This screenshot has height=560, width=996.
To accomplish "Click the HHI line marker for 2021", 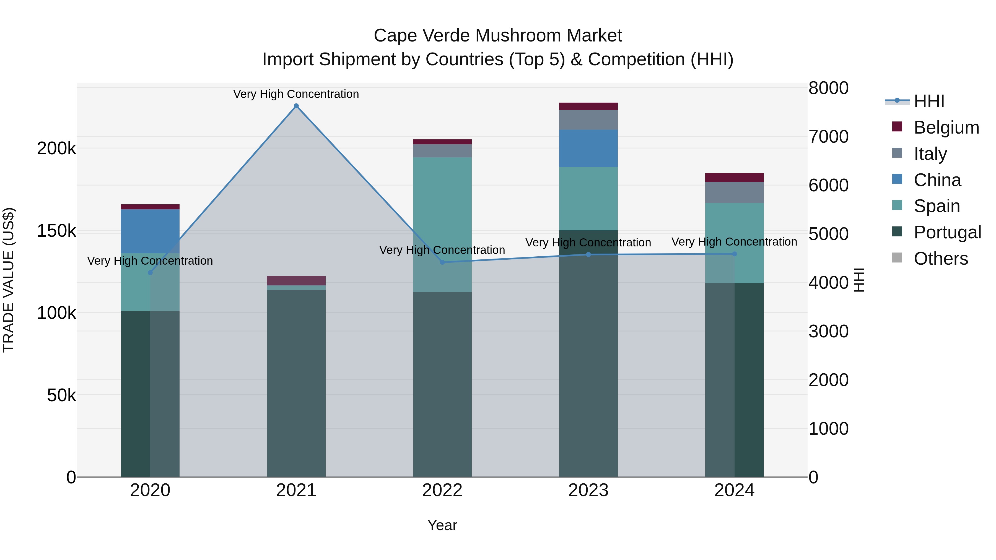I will pyautogui.click(x=296, y=106).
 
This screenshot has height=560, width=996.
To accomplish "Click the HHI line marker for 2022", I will pyautogui.click(x=442, y=262).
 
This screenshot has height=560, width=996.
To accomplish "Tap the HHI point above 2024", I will pyautogui.click(x=735, y=254).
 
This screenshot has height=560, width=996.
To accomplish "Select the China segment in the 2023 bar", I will pyautogui.click(x=588, y=149).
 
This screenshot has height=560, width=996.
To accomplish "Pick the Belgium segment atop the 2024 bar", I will pyautogui.click(x=734, y=177).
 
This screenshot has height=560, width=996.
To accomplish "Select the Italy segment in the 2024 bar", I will pyautogui.click(x=734, y=192).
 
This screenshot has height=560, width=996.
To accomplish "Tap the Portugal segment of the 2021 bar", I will pyautogui.click(x=296, y=383).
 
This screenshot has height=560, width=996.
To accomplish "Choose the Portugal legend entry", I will pyautogui.click(x=947, y=232).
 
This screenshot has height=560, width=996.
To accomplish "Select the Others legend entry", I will pyautogui.click(x=940, y=259).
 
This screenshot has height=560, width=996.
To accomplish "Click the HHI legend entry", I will pyautogui.click(x=929, y=101).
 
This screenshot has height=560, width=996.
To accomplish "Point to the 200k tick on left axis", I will pyautogui.click(x=56, y=149).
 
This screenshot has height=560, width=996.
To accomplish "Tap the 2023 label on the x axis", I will pyautogui.click(x=588, y=490).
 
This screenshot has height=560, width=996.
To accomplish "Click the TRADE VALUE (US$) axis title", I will pyautogui.click(x=9, y=280).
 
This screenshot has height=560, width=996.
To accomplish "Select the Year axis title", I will pyautogui.click(x=442, y=525).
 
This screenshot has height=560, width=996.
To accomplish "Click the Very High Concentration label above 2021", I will pyautogui.click(x=296, y=94).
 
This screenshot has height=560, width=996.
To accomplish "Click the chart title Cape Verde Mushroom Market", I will pyautogui.click(x=498, y=36).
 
